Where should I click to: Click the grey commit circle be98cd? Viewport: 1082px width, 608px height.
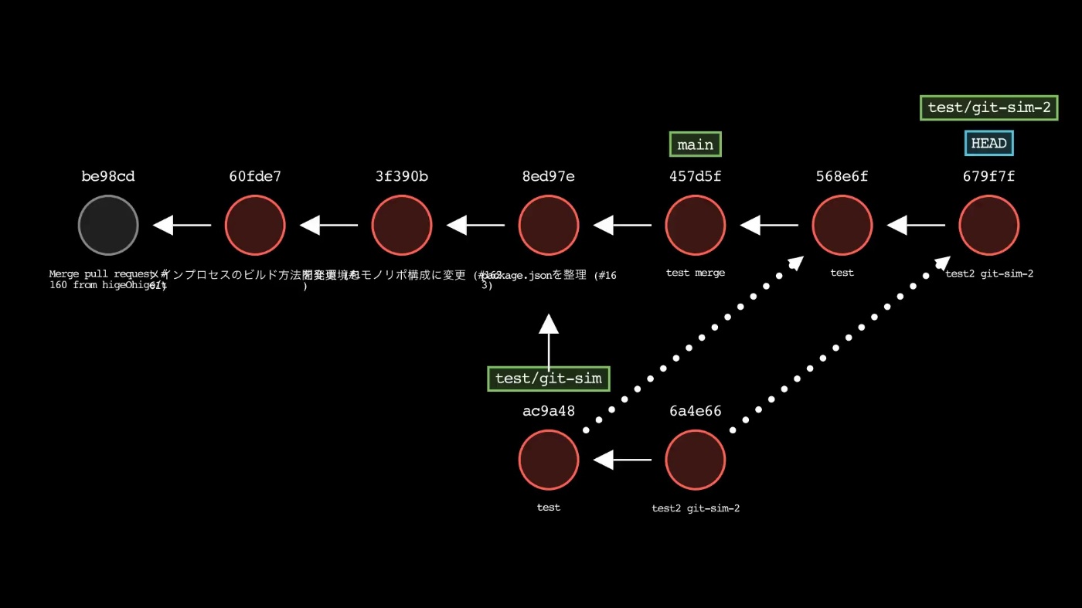click(x=108, y=226)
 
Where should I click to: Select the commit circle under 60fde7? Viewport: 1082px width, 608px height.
click(x=255, y=226)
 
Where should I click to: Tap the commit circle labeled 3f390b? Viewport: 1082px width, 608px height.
click(x=402, y=226)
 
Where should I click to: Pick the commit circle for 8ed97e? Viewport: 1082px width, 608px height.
click(x=549, y=226)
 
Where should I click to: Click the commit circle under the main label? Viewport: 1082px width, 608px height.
click(x=696, y=226)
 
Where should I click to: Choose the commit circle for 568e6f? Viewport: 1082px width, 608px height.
click(x=842, y=226)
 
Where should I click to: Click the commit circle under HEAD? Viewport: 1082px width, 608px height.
click(x=989, y=226)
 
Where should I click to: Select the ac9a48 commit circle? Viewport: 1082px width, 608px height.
click(x=549, y=460)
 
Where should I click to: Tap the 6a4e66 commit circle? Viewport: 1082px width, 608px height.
click(x=696, y=460)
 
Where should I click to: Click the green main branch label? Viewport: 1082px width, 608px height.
click(x=696, y=144)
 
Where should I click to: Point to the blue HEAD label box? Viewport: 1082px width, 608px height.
click(x=989, y=144)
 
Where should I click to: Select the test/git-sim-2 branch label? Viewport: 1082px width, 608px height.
click(x=989, y=107)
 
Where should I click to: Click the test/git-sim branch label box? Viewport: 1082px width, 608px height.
click(x=549, y=379)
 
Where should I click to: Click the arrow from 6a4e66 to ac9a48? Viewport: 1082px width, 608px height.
click(x=622, y=460)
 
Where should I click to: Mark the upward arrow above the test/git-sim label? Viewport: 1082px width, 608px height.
click(x=549, y=340)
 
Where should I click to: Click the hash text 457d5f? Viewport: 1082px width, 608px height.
click(x=696, y=176)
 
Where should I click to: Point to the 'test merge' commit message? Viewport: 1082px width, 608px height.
click(x=696, y=273)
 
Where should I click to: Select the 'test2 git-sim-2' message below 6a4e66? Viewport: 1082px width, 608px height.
click(x=696, y=508)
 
